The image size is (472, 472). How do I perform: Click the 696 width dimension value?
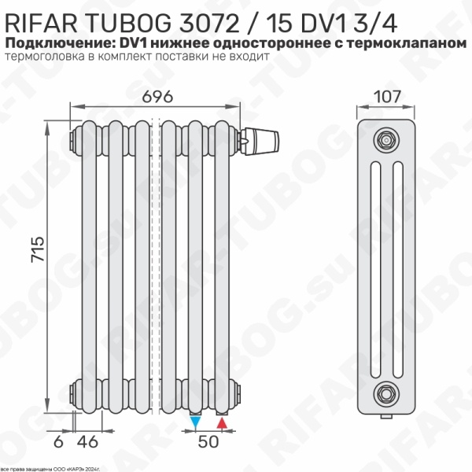[157, 97]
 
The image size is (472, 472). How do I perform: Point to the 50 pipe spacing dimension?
[208, 442]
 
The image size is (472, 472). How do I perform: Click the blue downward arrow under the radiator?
[196, 423]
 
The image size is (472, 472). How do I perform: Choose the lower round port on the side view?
[385, 391]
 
